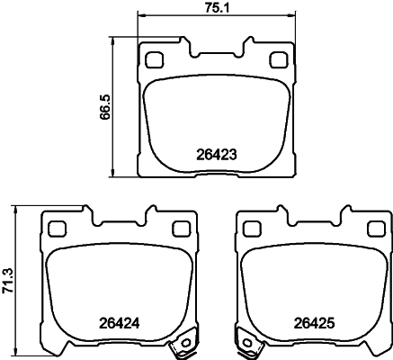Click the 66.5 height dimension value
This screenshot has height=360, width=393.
105,109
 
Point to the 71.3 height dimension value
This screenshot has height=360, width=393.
9,277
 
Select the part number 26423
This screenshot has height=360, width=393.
216,153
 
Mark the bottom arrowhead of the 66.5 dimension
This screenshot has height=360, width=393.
112,175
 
